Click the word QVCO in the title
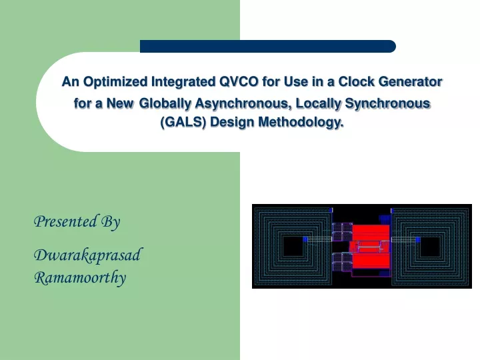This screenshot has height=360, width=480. (x=239, y=82)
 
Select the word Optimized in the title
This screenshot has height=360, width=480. (x=115, y=83)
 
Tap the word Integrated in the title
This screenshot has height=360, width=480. (x=183, y=83)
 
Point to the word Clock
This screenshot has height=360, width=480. (x=356, y=82)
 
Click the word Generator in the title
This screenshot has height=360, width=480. (x=410, y=82)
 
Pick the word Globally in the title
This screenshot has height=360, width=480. (x=165, y=104)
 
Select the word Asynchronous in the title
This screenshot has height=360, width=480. (x=243, y=104)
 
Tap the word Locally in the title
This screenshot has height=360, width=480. (x=319, y=104)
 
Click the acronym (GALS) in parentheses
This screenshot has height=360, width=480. (x=184, y=122)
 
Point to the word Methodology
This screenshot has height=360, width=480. (x=301, y=123)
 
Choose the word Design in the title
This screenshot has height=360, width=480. (x=233, y=123)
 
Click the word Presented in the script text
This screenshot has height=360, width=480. (x=65, y=221)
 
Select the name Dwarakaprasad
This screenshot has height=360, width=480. (x=88, y=255)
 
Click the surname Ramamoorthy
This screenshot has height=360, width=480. (x=80, y=277)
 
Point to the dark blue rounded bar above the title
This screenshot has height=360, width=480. (x=268, y=46)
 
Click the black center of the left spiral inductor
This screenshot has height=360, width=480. (x=293, y=246)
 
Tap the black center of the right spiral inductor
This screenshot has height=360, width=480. (x=431, y=247)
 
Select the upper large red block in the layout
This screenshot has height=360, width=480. (x=371, y=233)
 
